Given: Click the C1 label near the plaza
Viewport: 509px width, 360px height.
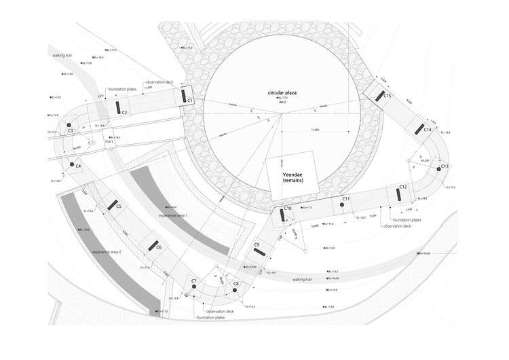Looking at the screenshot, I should (190, 101).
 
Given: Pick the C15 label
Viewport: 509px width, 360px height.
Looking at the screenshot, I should (388, 96).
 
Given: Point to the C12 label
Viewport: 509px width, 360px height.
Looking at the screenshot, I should (402, 187).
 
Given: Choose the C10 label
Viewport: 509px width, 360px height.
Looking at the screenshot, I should (287, 208).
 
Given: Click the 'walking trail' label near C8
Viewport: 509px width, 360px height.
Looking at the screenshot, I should (302, 279).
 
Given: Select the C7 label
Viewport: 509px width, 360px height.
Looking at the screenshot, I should (194, 281).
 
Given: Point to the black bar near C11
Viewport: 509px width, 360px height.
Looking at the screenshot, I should (337, 206).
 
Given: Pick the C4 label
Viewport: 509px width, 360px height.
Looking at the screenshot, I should (78, 166).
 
